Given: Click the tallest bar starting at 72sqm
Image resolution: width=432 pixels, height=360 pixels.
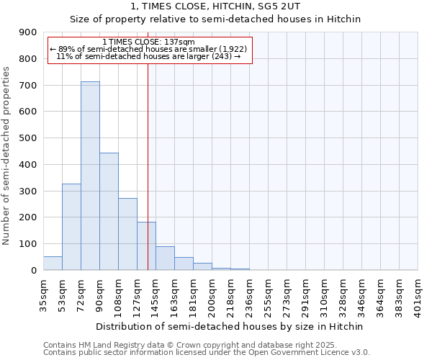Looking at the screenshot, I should coord(90,176).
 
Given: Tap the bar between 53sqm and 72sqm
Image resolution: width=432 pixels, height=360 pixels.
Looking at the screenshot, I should coord(71,227).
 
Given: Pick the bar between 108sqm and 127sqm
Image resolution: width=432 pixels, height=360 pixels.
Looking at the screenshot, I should coord(127,234).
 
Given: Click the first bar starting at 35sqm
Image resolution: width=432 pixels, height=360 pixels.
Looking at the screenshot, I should coord(53,264).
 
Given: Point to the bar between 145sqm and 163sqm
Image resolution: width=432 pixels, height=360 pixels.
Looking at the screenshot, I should coord(165,258).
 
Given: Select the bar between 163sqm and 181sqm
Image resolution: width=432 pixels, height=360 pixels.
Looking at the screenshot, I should coord(184,264).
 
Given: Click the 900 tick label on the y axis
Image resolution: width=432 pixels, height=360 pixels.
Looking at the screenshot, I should coord(28,32).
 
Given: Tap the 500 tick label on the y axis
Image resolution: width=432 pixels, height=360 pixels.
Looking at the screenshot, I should coord(28,138).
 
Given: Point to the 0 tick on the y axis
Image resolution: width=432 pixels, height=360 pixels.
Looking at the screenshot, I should coord(33,270).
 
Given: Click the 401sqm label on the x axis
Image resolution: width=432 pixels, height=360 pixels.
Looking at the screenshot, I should coord(418,292).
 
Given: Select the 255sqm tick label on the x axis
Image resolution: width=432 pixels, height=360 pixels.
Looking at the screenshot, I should coord(268,292).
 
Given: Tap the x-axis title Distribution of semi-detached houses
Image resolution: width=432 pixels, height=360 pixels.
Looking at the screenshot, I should coord(230,326).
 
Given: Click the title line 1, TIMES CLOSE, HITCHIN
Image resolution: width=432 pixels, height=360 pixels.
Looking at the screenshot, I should coord(215,6).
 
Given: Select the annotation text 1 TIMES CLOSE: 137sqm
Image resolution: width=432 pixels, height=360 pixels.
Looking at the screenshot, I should coord(148,42).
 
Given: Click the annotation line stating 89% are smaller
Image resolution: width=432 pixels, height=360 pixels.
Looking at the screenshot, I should coord(148,49).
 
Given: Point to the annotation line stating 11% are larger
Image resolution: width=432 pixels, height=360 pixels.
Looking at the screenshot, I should coord(148,56).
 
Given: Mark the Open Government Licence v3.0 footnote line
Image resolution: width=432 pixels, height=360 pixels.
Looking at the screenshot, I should coord(207,353).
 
